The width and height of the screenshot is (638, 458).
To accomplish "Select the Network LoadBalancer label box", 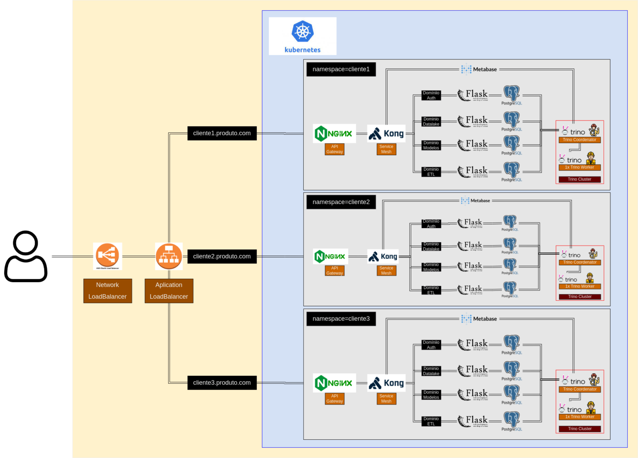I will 108,291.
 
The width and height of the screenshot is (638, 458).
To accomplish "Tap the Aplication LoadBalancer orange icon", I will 169,256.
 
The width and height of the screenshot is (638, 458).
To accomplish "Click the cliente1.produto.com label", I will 222,133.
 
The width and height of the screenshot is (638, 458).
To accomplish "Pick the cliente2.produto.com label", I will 222,256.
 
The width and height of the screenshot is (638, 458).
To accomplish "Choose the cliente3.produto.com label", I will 222,382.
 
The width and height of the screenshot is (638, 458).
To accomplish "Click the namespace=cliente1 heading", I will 341,69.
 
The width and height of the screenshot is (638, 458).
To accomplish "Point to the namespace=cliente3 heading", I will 341,319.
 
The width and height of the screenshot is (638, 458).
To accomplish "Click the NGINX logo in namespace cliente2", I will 330,256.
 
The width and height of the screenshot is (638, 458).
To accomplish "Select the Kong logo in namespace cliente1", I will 386,134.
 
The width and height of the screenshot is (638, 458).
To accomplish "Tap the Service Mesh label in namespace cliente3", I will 386,399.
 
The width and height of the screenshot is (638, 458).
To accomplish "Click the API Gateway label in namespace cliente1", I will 334,149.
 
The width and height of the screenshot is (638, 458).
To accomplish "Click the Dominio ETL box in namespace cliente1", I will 431,172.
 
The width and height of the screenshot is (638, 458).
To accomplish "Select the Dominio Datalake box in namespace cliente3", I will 431,371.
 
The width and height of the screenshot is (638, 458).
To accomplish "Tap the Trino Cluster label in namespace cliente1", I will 579,179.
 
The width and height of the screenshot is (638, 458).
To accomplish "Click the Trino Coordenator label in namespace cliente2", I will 580,262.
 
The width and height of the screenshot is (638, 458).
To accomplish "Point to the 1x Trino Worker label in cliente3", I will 580,417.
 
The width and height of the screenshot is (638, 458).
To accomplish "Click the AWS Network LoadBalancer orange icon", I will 108,256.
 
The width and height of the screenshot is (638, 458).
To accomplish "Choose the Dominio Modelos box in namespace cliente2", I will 431,267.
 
